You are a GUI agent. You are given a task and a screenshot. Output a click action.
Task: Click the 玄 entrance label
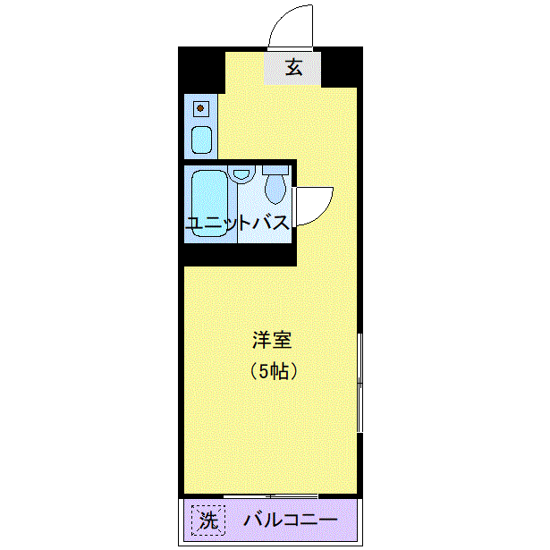(x=293, y=67)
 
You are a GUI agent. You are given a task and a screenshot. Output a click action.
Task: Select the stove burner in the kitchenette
(x=200, y=108)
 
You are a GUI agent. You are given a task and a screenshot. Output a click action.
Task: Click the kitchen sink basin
(x=202, y=140)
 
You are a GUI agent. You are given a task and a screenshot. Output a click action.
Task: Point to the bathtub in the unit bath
(x=210, y=203)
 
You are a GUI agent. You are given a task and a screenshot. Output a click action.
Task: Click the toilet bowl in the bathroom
(x=275, y=190)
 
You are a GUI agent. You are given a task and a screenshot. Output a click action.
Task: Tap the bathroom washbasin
(x=241, y=174)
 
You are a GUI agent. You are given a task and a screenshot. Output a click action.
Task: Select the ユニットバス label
(x=238, y=223)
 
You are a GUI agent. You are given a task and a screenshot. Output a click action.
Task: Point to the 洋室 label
(x=272, y=340)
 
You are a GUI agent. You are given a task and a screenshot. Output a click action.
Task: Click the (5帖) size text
(x=274, y=371)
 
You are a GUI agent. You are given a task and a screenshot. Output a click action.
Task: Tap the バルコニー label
(x=291, y=520)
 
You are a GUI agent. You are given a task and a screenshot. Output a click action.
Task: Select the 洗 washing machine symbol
(x=208, y=520)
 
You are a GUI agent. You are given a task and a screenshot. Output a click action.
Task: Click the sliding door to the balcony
(x=271, y=496)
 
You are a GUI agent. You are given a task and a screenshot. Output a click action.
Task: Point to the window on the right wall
(x=360, y=383)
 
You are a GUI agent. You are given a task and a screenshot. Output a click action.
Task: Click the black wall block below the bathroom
(x=241, y=255)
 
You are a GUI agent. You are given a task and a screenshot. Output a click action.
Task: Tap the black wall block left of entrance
(x=202, y=70)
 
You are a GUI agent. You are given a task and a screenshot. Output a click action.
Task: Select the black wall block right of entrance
(x=342, y=67)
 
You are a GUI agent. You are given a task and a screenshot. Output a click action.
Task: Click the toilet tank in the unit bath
(x=275, y=170)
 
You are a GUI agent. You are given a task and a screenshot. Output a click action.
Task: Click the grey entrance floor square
(x=292, y=68)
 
